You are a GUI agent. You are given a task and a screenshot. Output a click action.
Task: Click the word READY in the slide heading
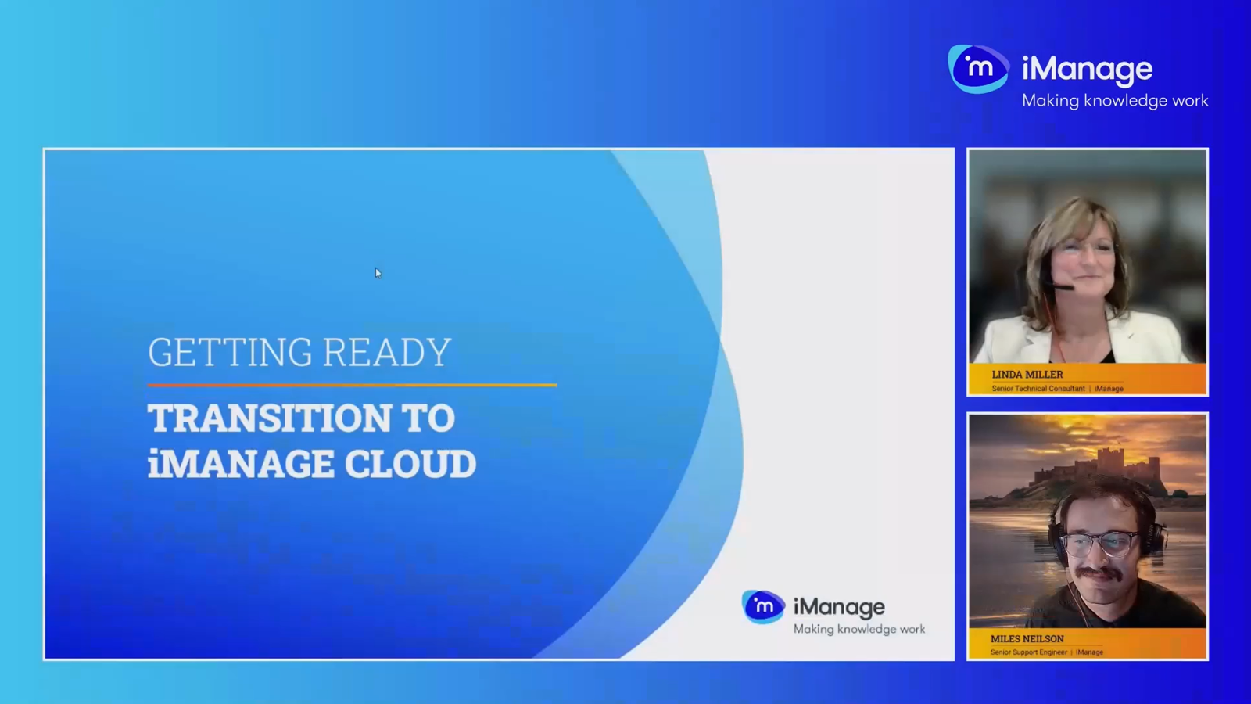(386, 353)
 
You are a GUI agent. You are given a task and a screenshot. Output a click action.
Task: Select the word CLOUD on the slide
(410, 464)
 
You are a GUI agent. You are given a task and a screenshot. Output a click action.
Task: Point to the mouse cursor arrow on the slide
(378, 272)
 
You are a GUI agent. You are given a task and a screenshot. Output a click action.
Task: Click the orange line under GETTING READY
(352, 385)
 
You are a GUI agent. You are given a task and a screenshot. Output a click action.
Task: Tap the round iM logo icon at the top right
(977, 69)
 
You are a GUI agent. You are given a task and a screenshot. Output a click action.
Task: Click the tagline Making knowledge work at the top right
(1115, 101)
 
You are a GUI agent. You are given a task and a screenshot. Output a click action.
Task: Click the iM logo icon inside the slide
(763, 606)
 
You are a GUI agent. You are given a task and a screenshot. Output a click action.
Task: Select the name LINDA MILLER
(1027, 375)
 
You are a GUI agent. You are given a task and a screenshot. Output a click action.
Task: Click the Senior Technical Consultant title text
(1038, 389)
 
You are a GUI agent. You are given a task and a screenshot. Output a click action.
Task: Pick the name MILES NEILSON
(1027, 639)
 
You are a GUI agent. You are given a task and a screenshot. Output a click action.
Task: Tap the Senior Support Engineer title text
(1028, 652)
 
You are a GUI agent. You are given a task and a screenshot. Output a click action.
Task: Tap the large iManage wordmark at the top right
(1087, 70)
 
